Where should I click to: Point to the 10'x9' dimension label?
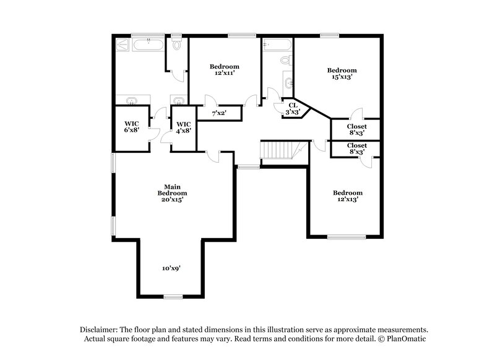pos(172,268)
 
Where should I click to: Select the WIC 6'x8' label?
pos(131,126)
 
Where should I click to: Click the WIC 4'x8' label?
pos(184,126)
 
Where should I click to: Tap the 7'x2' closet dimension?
pos(218,113)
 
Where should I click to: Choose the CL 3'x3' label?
pos(292,109)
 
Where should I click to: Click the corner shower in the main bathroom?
pos(122,45)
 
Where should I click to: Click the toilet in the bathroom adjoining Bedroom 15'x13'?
pos(285,61)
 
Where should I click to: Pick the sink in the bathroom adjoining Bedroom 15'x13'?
pos(288,81)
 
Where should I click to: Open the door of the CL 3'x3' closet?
pos(272,94)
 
